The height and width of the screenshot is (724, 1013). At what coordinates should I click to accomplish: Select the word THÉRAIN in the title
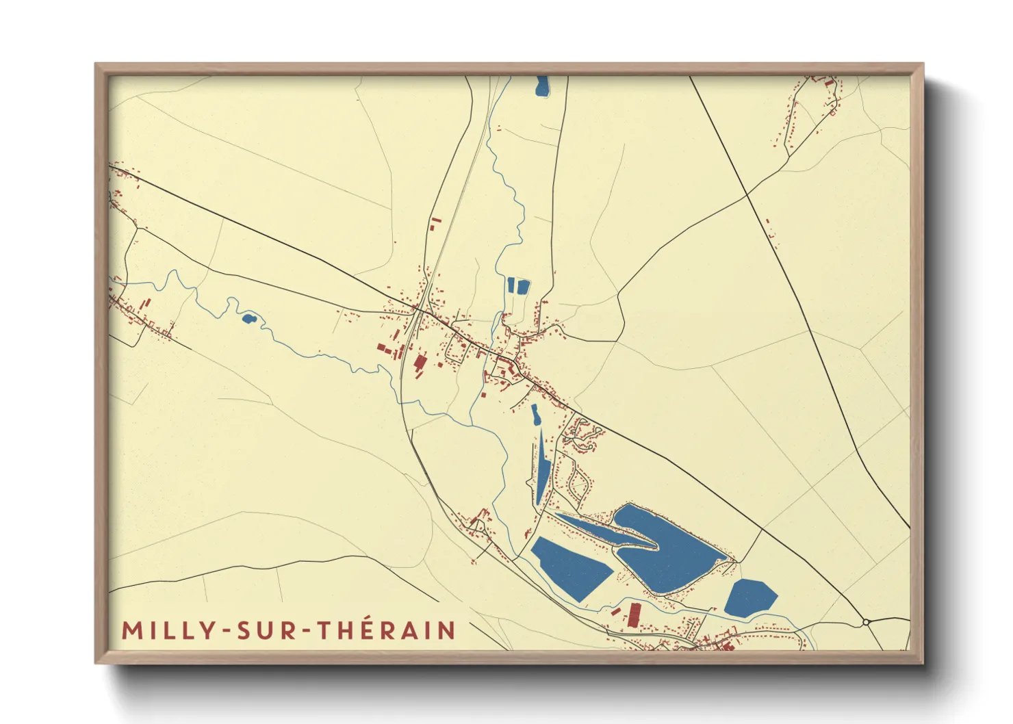pos(387,630)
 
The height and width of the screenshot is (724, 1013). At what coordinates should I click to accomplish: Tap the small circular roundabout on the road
pos(867,622)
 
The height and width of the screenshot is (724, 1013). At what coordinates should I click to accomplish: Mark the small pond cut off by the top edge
pos(542,86)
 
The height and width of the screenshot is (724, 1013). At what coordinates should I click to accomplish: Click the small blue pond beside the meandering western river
pos(248,318)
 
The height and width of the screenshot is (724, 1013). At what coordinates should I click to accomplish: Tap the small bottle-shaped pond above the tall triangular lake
pos(535,414)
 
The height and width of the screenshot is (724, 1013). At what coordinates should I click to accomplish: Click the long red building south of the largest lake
pos(634,615)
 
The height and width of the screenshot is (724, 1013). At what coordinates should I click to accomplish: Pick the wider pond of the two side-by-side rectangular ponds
pos(523,286)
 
